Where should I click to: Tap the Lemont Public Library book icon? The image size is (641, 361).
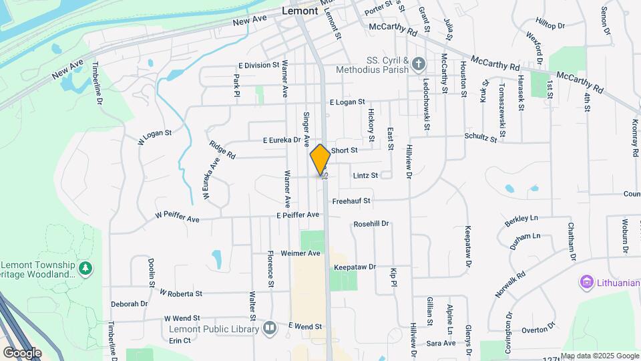(x=269, y=329)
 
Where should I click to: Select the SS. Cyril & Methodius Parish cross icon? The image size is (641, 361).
(x=419, y=64)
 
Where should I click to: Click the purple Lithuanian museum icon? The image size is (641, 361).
(x=587, y=282)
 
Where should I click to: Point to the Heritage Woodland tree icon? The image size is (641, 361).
(x=85, y=268)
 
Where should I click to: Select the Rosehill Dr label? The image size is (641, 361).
(x=371, y=224)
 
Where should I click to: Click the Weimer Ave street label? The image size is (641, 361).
(x=300, y=253)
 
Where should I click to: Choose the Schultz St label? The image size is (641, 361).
(x=481, y=137)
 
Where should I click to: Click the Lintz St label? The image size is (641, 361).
(x=365, y=175)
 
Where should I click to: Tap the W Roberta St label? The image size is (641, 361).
(x=181, y=293)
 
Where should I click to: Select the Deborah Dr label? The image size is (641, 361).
(x=129, y=304)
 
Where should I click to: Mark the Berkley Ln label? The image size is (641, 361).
(x=521, y=219)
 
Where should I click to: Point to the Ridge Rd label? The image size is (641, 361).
(x=222, y=150)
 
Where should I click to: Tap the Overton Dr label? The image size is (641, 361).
(x=538, y=328)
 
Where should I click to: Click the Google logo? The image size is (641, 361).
(x=22, y=352)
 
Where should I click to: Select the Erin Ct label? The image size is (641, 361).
(x=180, y=340)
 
